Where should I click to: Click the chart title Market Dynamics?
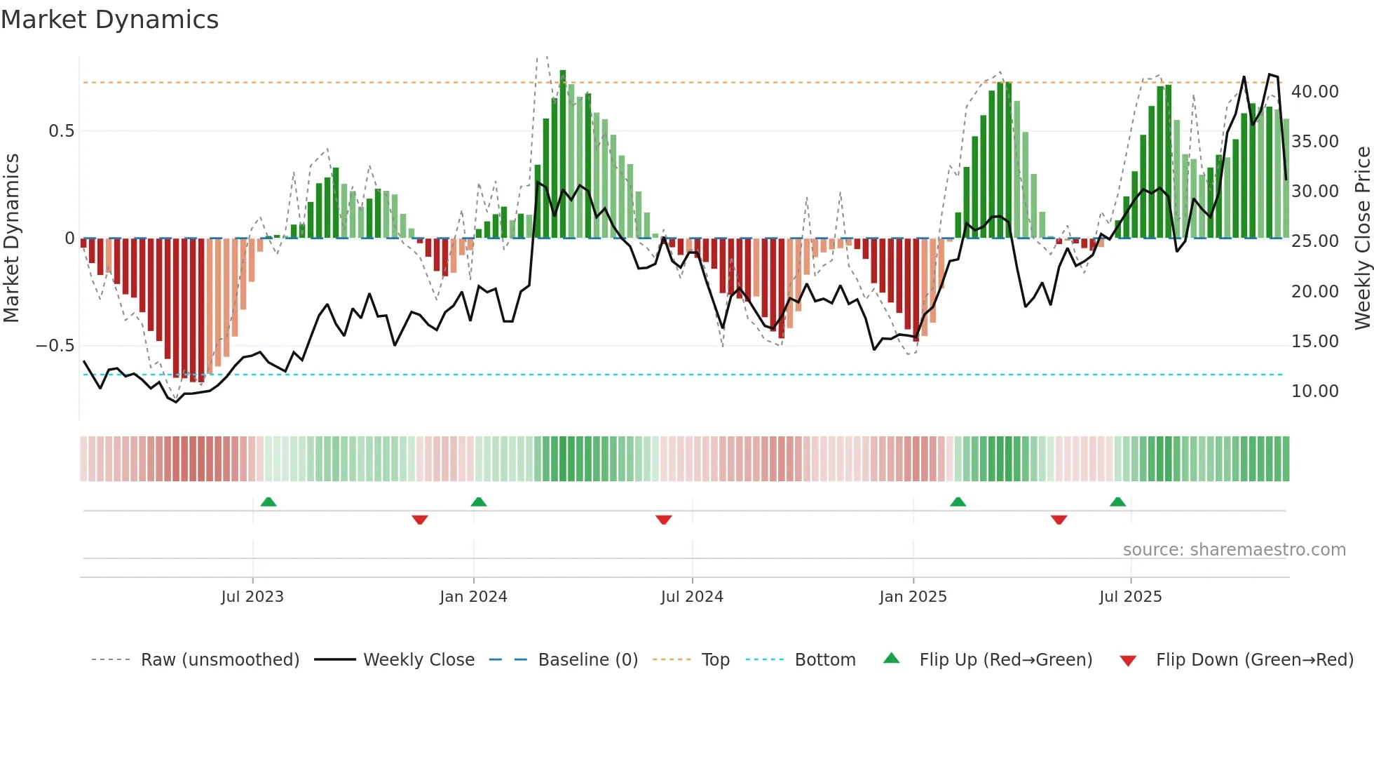pos(110,20)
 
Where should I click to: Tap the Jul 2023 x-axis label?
pos(252,597)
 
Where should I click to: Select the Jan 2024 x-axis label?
pos(473,597)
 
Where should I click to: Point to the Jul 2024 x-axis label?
pos(692,597)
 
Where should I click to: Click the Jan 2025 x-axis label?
pos(913,597)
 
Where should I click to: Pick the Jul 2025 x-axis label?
pos(1130,597)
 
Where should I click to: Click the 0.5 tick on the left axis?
pos(61,131)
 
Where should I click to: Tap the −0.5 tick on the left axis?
pos(55,346)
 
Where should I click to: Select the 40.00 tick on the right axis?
pos(1314,92)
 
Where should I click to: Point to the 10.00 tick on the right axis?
pos(1314,391)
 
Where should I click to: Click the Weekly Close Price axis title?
pos(1362,238)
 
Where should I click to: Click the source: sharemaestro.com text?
pos(1234,550)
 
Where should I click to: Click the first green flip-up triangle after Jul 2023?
pos(268,502)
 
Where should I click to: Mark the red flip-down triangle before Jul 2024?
pos(664,520)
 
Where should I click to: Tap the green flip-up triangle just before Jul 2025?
pos(1118,502)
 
